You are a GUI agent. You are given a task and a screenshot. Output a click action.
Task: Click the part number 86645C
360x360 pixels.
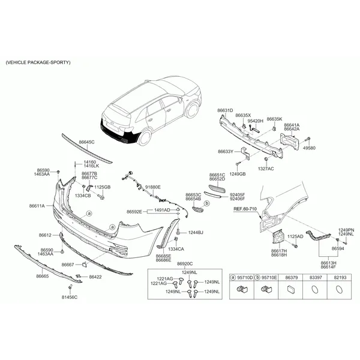[x=86, y=142]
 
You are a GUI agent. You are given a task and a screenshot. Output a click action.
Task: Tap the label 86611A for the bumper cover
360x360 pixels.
[x=37, y=206]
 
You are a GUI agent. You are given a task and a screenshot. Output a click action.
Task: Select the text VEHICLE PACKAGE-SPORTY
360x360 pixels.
[x=38, y=62]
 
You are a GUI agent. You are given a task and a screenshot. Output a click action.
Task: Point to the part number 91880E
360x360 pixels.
[x=153, y=187]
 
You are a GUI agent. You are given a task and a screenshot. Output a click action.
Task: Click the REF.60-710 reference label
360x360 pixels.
[x=245, y=209]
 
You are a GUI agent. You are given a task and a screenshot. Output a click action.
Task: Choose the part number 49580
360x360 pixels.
[x=309, y=148]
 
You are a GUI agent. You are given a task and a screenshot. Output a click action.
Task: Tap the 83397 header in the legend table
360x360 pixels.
[x=316, y=278]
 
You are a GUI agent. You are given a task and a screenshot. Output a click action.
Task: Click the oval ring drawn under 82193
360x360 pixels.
[x=340, y=290]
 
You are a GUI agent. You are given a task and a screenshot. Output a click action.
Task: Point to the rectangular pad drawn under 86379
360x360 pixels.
[x=291, y=289]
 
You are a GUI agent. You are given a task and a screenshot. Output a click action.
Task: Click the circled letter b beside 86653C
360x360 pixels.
[x=207, y=203]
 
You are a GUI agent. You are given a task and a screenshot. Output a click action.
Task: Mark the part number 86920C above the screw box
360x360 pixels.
[x=185, y=264]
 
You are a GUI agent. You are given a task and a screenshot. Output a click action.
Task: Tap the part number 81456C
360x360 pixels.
[x=70, y=298]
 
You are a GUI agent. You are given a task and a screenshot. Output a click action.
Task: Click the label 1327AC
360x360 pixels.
[x=266, y=169]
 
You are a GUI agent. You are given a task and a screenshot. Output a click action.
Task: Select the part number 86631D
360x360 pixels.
[x=225, y=110]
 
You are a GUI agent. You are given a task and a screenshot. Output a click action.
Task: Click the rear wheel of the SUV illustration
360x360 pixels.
[x=145, y=137]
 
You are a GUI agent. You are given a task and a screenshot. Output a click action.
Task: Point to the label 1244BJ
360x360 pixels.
[x=196, y=233]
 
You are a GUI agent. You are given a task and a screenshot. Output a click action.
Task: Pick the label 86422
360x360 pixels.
[x=95, y=277]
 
